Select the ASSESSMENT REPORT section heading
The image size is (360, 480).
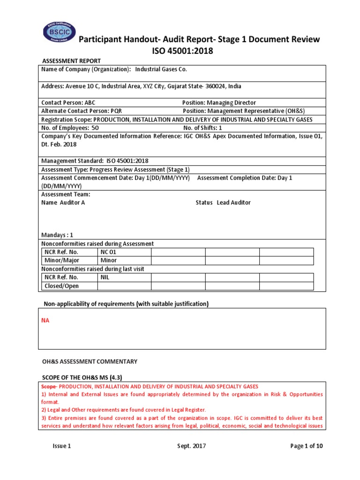[x=72, y=61]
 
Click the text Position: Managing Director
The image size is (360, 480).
[x=219, y=103]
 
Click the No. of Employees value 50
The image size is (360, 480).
[x=95, y=127]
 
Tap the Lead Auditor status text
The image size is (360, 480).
[x=233, y=202]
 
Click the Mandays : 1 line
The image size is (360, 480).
[x=57, y=235]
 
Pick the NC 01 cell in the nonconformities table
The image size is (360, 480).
[x=109, y=252]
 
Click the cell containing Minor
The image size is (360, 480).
[x=109, y=260]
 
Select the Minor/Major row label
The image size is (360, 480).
[x=62, y=260]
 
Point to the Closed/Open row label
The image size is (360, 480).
[x=61, y=286]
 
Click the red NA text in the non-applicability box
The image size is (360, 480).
[x=45, y=320]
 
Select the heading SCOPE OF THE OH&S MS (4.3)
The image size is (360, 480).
[x=82, y=378]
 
